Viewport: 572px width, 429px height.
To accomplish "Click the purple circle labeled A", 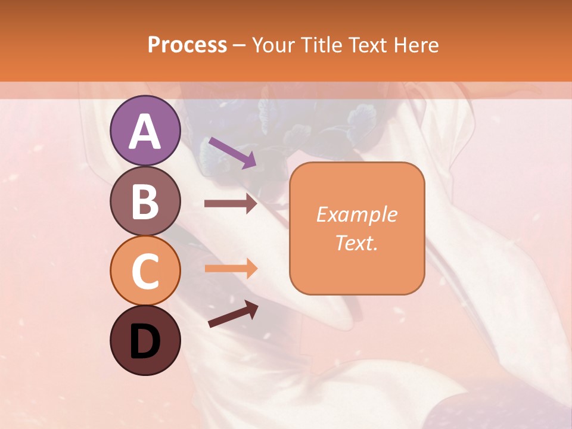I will click(x=145, y=130).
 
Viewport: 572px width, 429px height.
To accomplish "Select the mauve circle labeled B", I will click(x=145, y=201).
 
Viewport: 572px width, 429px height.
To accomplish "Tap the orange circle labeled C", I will click(x=145, y=271).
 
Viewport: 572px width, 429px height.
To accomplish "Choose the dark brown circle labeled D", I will click(x=145, y=340).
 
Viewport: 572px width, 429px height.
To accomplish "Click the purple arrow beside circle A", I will click(x=232, y=152).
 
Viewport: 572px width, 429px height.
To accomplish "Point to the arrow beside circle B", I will click(x=231, y=204).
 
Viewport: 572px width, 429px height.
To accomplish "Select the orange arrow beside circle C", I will click(x=231, y=268).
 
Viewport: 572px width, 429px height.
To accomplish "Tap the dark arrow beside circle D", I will click(x=232, y=314).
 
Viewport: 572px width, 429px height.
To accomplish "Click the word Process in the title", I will click(x=187, y=45).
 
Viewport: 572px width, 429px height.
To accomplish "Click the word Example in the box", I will click(x=356, y=214).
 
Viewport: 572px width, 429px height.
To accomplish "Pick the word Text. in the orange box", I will click(x=356, y=243).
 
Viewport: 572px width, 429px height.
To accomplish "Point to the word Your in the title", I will click(x=274, y=45).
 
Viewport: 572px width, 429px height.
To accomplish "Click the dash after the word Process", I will click(x=239, y=45).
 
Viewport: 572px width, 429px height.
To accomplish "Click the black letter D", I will click(x=145, y=341).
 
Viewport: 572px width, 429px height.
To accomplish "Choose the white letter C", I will click(x=145, y=272).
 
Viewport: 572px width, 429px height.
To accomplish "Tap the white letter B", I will click(x=145, y=202).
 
